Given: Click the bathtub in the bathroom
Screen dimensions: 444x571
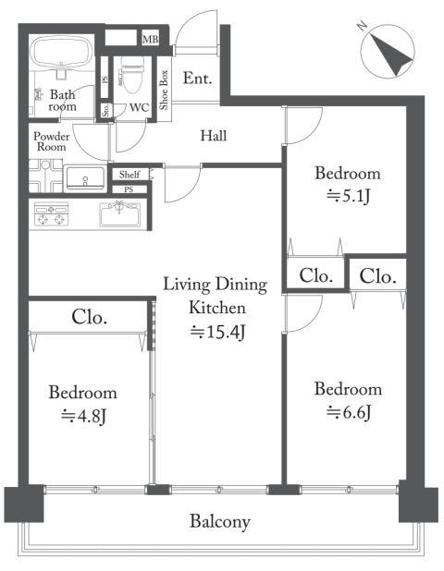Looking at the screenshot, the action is point(61,50).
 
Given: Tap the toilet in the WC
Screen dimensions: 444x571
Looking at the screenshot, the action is point(131,75).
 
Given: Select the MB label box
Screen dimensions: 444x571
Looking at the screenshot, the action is point(150,39).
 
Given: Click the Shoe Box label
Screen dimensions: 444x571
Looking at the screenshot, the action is point(164,90).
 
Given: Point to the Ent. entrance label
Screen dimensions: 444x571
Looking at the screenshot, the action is point(197,79).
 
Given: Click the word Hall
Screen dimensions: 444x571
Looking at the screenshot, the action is point(214,136).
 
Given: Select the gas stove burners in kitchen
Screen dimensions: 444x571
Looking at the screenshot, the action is point(52,214).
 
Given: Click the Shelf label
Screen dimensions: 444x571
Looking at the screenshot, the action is point(129,175).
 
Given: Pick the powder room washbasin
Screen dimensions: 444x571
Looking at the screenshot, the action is point(86,178).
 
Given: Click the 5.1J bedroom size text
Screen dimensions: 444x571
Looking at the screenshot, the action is point(349,197).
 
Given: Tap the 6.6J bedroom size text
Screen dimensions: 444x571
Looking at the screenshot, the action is point(349,412).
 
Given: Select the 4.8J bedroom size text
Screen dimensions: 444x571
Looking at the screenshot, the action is point(83,416).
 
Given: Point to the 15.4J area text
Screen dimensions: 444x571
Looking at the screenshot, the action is point(217,332).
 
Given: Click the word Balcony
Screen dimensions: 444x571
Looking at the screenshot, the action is point(220,521).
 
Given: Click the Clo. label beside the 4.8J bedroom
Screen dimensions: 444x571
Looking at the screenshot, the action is point(90,317).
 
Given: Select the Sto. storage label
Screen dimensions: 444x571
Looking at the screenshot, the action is point(106,110).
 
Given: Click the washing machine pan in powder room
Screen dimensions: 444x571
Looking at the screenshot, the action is point(45,176).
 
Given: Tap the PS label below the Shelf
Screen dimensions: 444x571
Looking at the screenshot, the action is point(129,189).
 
